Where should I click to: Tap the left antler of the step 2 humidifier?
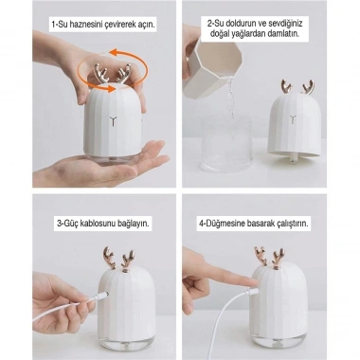(x=281, y=88)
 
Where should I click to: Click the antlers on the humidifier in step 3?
(x=106, y=257)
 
